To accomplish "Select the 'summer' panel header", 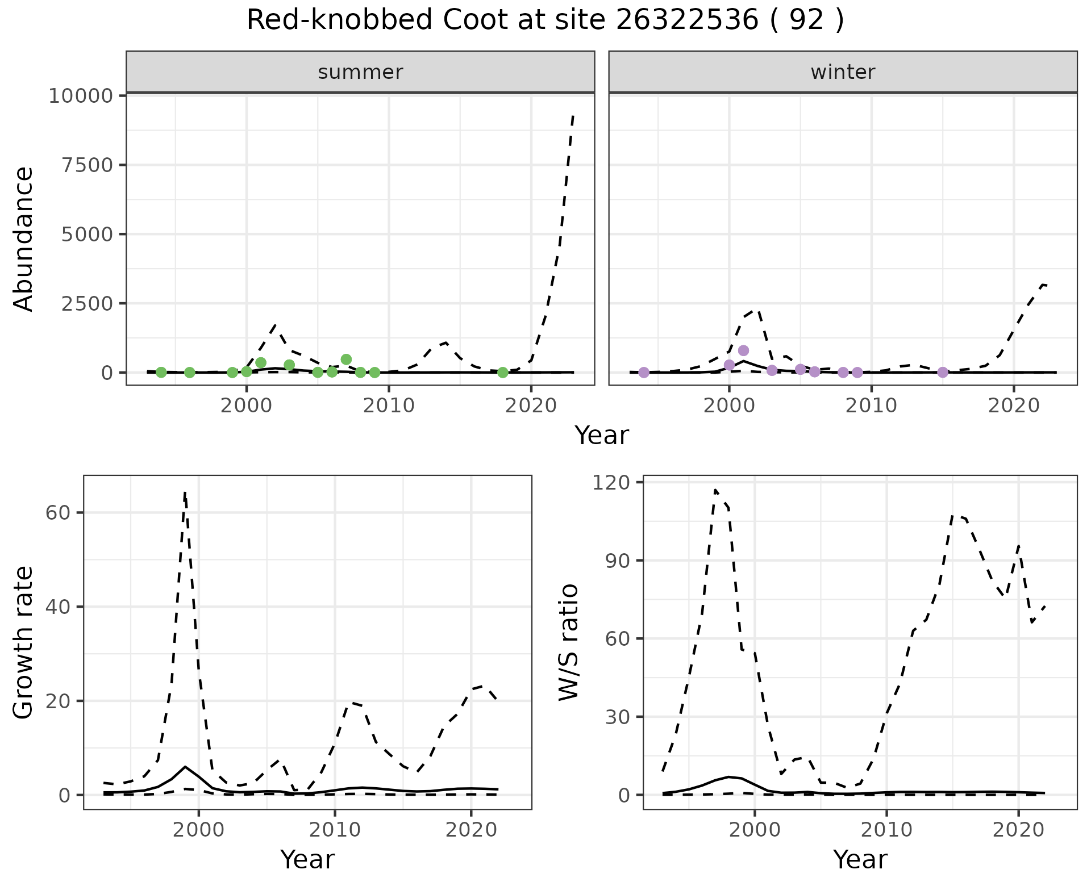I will [360, 72].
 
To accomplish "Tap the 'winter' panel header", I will [843, 72].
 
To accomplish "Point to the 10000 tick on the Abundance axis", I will [81, 96].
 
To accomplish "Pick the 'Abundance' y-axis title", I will [24, 239].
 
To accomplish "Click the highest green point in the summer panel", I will [346, 359].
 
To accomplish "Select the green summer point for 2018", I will [502, 373].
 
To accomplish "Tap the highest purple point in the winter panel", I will [743, 350].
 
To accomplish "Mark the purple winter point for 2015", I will [943, 373].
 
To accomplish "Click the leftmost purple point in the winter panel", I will [644, 373].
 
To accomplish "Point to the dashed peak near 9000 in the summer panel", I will [573, 116].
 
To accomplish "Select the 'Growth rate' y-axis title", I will [24, 642].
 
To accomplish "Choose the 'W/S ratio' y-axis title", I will [568, 642].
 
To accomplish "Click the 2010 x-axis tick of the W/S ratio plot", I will [886, 830].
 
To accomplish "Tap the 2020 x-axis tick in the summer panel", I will [531, 406].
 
